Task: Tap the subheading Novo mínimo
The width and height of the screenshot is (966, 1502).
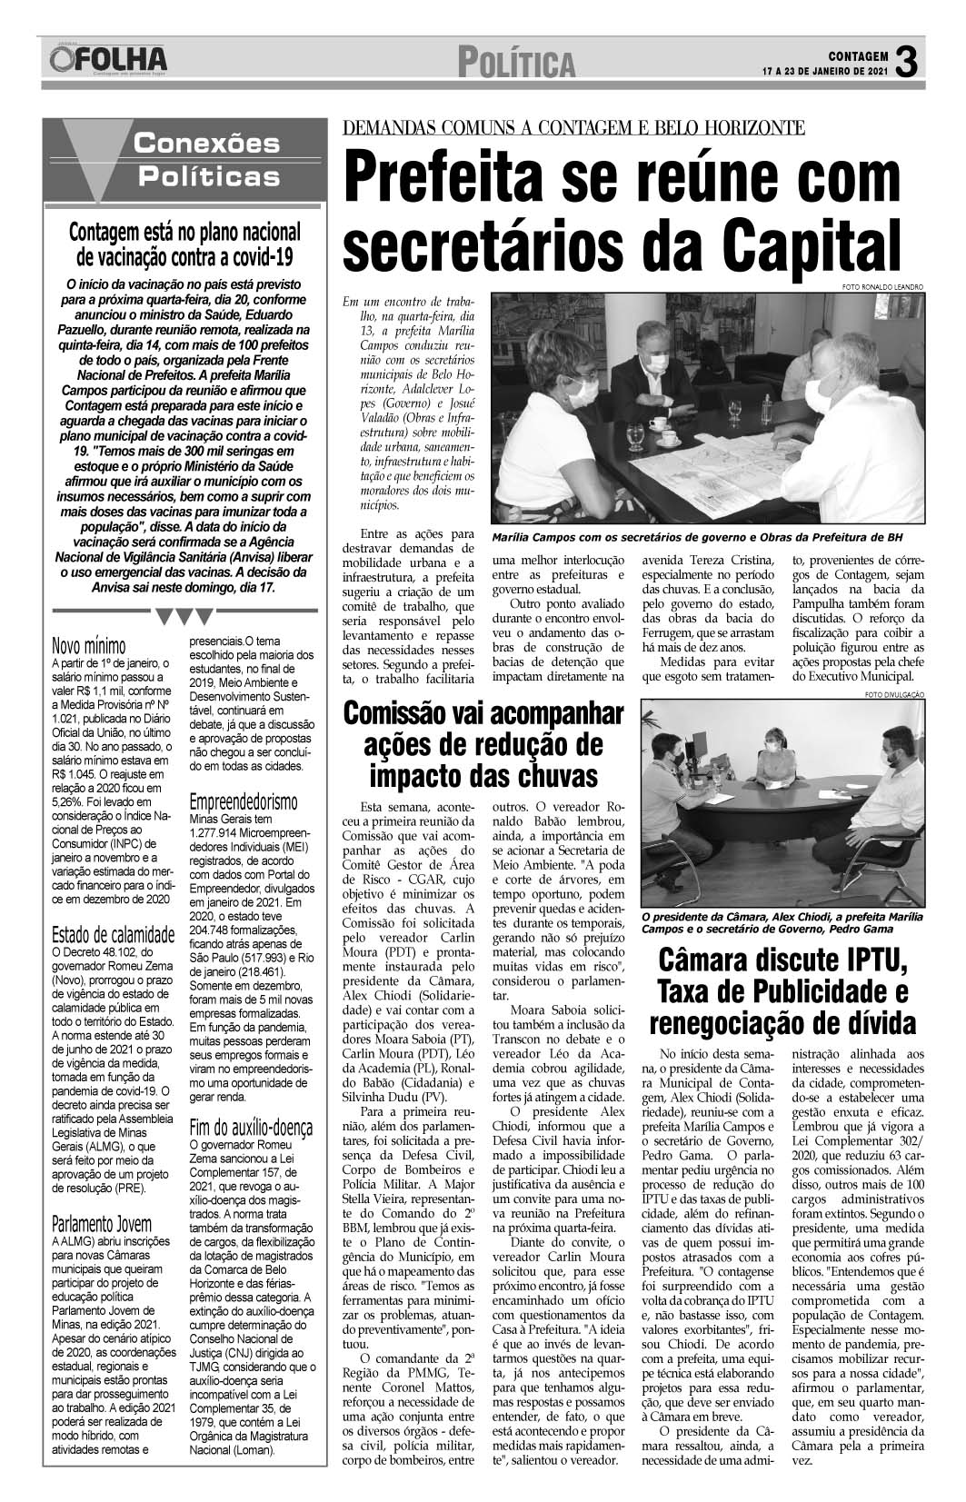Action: [89, 646]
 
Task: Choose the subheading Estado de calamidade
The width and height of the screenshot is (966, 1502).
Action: [113, 935]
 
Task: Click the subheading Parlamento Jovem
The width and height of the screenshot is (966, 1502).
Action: [102, 1222]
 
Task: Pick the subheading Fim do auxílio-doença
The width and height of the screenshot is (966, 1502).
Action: [250, 1128]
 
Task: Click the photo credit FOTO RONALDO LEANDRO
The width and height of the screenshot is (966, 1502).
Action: [882, 287]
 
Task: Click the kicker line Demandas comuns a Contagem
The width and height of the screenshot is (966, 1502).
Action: [572, 126]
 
